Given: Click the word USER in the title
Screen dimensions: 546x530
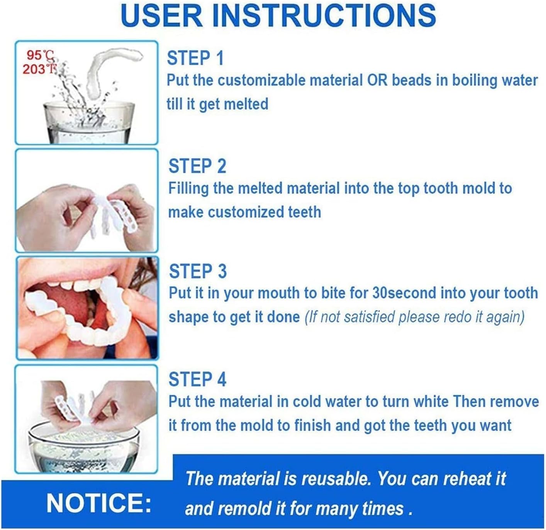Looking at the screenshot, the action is pyautogui.click(x=162, y=16).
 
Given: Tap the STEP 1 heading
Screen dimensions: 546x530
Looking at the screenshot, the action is pyautogui.click(x=195, y=58).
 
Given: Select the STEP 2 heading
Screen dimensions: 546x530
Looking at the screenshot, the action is pyautogui.click(x=197, y=166).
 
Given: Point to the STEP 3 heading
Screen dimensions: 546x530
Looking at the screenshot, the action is pyautogui.click(x=198, y=271).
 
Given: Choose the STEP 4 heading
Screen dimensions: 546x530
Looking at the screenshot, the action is pyautogui.click(x=197, y=379).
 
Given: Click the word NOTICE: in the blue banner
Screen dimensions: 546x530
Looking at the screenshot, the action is pyautogui.click(x=99, y=503).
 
